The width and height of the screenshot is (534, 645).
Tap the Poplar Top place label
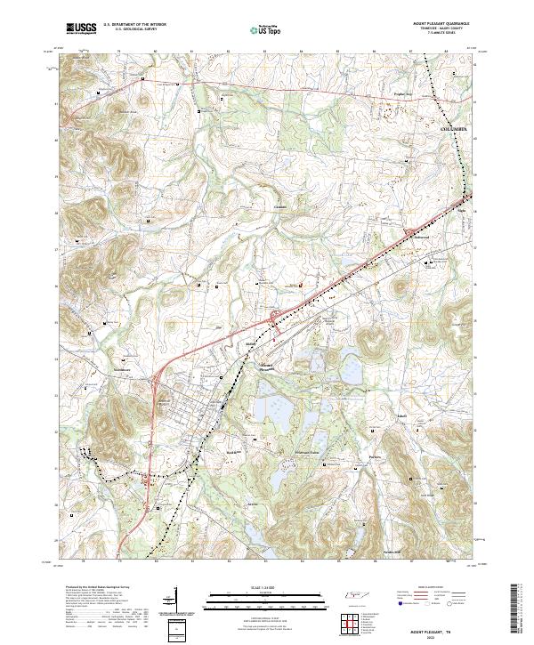coord(405,92)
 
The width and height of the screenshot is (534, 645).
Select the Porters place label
coord(375,459)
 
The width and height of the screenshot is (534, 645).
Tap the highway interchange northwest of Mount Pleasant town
coord(157,384)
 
